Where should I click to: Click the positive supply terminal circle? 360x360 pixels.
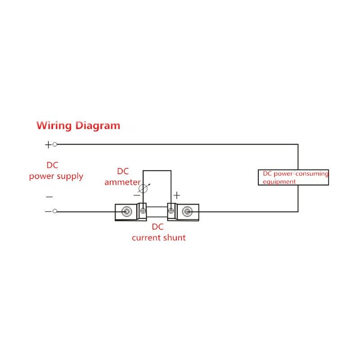[55, 144]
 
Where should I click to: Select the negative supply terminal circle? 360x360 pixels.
[55, 211]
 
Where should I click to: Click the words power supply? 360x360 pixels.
[56, 176]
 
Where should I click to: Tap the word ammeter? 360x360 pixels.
[122, 182]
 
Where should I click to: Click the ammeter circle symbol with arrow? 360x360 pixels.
[144, 189]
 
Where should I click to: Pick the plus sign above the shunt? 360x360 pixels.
[177, 195]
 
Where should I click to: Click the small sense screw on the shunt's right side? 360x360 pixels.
[171, 211]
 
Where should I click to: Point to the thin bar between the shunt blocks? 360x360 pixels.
[157, 211]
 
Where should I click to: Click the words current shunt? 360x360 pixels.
[158, 238]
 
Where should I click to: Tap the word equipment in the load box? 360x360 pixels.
[279, 182]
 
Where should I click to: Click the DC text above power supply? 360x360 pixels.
[53, 165]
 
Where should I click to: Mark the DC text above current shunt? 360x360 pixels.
[158, 227]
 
